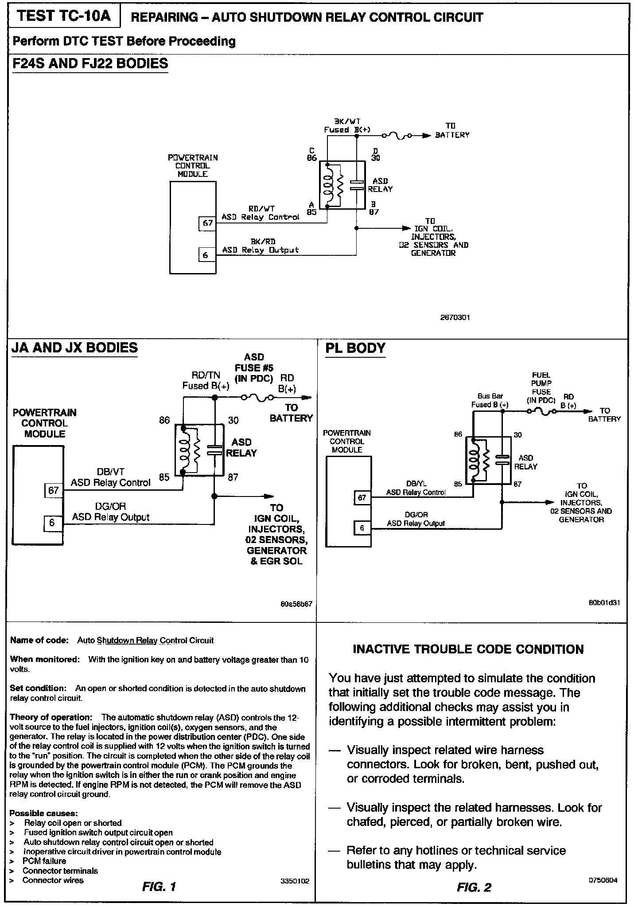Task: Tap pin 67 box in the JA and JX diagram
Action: [x=54, y=490]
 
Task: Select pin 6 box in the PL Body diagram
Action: [x=362, y=528]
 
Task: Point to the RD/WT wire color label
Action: [x=261, y=209]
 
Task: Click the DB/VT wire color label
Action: [x=110, y=472]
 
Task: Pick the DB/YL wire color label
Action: [x=416, y=484]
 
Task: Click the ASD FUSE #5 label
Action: [x=254, y=368]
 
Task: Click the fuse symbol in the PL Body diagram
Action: [x=541, y=412]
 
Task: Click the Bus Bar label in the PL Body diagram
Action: [x=490, y=396]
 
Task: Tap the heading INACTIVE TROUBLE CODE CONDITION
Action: [x=468, y=649]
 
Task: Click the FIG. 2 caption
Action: [x=474, y=887]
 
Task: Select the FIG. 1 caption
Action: [x=159, y=887]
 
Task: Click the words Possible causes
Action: [x=43, y=813]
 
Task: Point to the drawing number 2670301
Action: [x=455, y=317]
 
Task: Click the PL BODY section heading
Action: [x=355, y=348]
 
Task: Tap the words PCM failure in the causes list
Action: [x=44, y=861]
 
